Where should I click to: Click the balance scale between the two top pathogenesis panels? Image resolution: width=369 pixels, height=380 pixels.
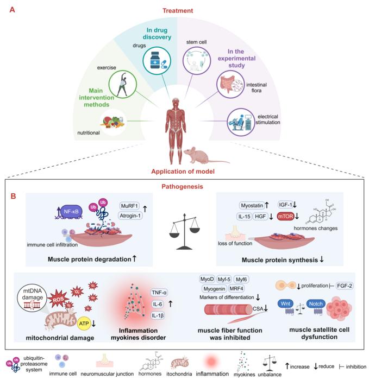184,223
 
